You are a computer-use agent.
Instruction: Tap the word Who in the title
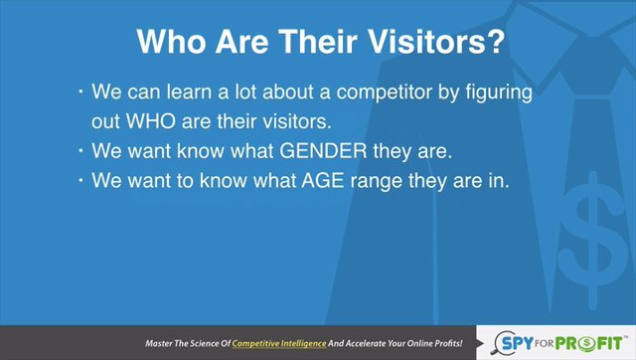pos(171,42)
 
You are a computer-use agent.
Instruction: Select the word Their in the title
pos(318,42)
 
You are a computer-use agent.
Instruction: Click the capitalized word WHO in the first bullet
pos(150,121)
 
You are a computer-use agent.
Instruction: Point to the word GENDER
pos(323,151)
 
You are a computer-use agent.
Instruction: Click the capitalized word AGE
pos(323,181)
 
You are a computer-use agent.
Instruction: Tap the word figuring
pos(499,92)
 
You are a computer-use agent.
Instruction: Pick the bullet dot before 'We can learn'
pos(80,91)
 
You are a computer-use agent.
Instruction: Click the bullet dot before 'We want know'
pos(80,151)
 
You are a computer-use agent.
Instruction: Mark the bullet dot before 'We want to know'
pos(80,180)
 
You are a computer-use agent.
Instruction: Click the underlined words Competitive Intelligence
pos(279,344)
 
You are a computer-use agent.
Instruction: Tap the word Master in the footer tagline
pos(159,343)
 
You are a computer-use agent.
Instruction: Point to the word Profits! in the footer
pos(448,343)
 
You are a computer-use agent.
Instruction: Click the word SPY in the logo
pos(517,343)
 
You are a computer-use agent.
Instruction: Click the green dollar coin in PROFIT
pos(587,344)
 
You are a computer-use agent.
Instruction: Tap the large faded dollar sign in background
pos(593,241)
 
